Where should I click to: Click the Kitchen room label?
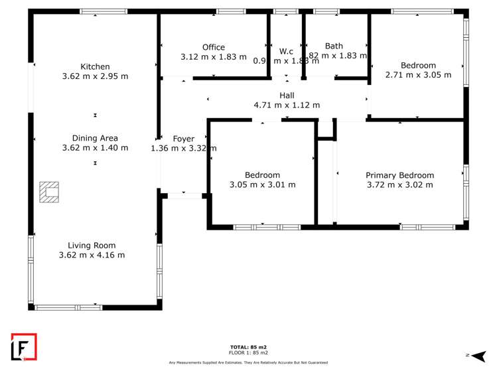click(x=95, y=66)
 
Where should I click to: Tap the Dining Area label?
click(x=95, y=138)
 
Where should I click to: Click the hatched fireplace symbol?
click(x=48, y=192)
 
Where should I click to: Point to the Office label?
click(x=214, y=47)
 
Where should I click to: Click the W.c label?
click(x=286, y=51)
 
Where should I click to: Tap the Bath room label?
click(x=334, y=46)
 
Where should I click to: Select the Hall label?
click(x=287, y=96)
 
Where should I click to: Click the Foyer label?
click(x=183, y=139)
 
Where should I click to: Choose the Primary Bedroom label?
click(x=399, y=175)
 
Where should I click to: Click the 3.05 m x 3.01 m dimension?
click(x=262, y=185)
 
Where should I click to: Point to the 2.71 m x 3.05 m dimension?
click(x=418, y=75)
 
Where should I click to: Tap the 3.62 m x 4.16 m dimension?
click(x=92, y=255)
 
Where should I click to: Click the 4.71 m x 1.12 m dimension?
click(x=287, y=105)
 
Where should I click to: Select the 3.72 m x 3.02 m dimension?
click(x=399, y=185)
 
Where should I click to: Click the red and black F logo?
click(x=23, y=347)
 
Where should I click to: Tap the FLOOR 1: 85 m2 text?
click(x=248, y=354)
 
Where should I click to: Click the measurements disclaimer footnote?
click(x=248, y=362)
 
